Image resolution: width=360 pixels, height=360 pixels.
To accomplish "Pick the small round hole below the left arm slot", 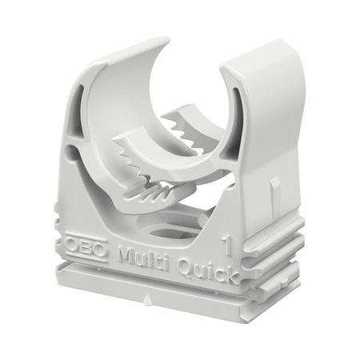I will click(74, 152).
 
